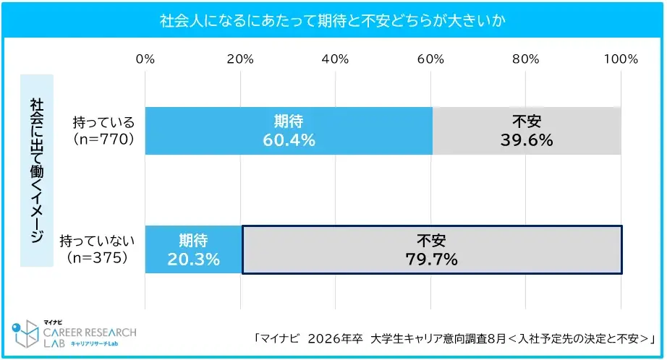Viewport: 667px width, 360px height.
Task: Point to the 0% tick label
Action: (x=145, y=59)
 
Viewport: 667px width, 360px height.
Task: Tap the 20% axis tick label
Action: (x=240, y=59)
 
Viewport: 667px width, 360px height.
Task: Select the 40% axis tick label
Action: (x=336, y=59)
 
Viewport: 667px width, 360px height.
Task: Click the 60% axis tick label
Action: (x=431, y=59)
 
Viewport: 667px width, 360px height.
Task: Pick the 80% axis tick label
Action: (x=526, y=59)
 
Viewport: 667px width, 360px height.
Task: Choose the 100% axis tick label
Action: (x=620, y=59)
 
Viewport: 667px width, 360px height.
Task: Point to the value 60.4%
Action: (x=289, y=140)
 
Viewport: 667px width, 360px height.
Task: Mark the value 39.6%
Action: (x=527, y=140)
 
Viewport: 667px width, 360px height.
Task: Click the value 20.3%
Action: (x=193, y=259)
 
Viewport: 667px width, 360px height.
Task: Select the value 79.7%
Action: (x=431, y=259)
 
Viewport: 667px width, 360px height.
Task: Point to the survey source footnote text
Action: (x=454, y=338)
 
